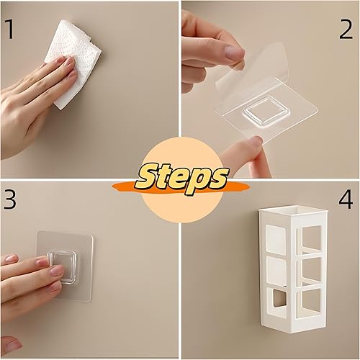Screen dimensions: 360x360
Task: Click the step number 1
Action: pyautogui.click(x=9, y=30)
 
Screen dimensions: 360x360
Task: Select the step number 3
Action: pyautogui.click(x=10, y=199)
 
